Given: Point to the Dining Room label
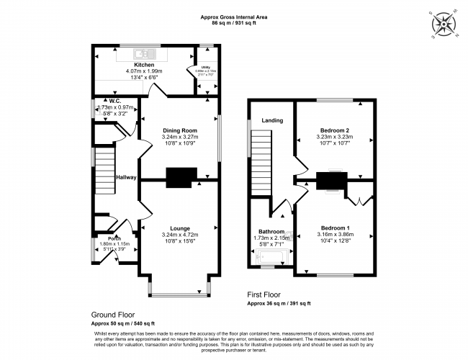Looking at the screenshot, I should [x=180, y=130].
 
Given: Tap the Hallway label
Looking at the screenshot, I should [x=127, y=177].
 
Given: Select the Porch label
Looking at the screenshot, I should [x=114, y=238].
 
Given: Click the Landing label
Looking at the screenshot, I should [x=271, y=120].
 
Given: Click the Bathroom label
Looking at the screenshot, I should [x=271, y=231].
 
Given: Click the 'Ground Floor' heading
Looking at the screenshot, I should [x=113, y=315].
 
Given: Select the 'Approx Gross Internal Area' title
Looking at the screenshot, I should [x=233, y=17].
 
